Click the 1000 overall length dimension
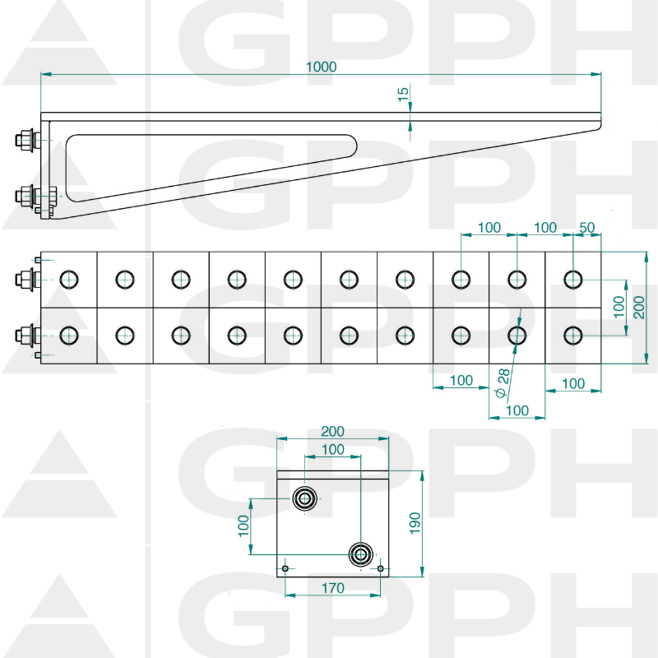pos(321,67)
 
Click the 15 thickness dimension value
pos(403,95)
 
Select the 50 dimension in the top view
pos(587,227)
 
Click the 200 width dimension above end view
pos(332,431)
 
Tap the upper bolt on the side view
pos(25,141)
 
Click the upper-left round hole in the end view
pos(305,498)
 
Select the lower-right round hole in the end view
pos(359,553)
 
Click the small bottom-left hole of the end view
pos(285,568)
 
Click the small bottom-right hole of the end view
pos(380,568)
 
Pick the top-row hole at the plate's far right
pos(572,280)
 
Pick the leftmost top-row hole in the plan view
pos(68,280)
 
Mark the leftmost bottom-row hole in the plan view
pos(68,335)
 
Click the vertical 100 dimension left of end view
pos(243,526)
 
